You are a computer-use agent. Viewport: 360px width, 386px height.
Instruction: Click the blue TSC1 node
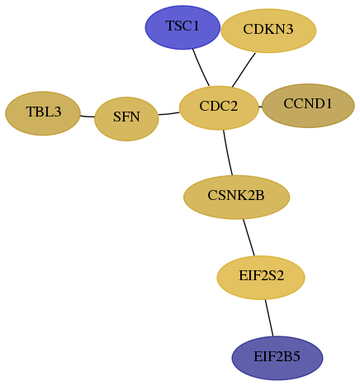click(182, 27)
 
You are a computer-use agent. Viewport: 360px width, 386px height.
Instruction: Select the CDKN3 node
click(268, 31)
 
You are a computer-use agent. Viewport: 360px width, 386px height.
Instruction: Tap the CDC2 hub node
click(219, 107)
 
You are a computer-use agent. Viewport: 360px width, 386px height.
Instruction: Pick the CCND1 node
click(308, 106)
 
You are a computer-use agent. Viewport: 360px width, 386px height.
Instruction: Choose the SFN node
click(126, 119)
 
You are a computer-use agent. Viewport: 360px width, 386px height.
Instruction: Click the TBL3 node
click(43, 113)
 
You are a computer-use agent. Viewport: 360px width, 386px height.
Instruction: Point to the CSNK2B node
click(236, 197)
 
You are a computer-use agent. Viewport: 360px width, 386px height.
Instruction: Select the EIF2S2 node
click(261, 278)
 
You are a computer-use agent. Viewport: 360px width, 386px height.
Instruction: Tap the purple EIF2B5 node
click(277, 358)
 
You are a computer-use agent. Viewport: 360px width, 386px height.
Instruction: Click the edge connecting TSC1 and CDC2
click(201, 68)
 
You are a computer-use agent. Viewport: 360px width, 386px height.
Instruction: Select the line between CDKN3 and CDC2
click(244, 70)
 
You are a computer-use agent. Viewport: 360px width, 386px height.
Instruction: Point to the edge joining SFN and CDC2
click(169, 113)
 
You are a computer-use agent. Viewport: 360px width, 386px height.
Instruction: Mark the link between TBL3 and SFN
click(88, 117)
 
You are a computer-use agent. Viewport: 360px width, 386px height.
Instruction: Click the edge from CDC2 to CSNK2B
click(227, 153)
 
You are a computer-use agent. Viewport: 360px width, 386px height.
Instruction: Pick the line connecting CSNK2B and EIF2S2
click(249, 237)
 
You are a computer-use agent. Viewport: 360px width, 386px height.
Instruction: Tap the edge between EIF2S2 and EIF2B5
click(269, 318)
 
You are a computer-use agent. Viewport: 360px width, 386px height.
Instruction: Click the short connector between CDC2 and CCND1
click(260, 107)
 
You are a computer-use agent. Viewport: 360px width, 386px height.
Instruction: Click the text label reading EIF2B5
click(277, 357)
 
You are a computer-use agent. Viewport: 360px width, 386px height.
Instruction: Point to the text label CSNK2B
click(236, 196)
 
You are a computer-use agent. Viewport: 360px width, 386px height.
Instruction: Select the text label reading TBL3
click(44, 112)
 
